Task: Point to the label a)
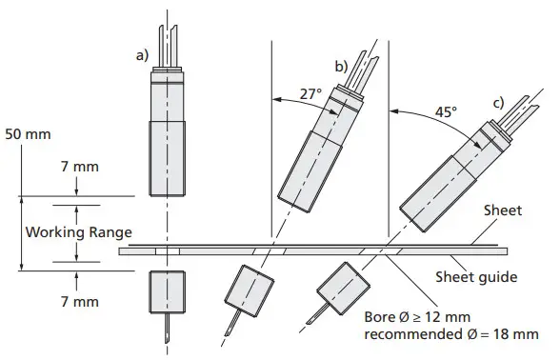click(x=141, y=56)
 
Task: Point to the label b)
click(x=339, y=65)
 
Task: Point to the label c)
click(x=498, y=102)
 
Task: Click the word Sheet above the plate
click(x=503, y=210)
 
